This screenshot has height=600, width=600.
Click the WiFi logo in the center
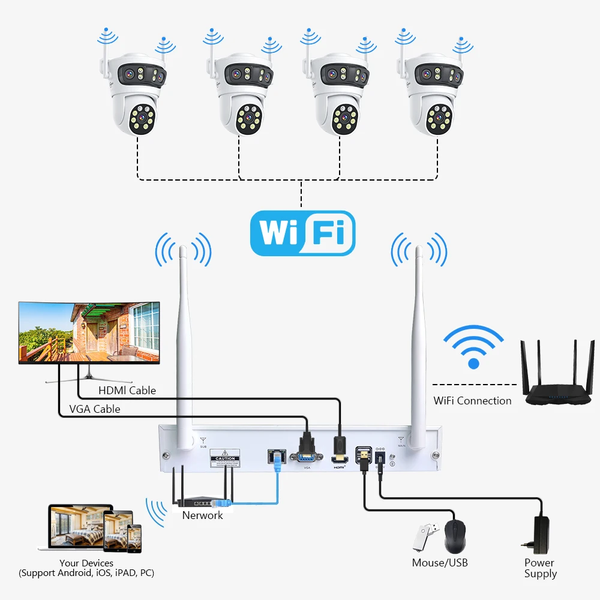click(x=302, y=233)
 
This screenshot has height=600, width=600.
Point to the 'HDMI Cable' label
click(x=127, y=391)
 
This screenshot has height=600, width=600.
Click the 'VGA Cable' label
click(x=95, y=409)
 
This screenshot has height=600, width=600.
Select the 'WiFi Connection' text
click(x=473, y=401)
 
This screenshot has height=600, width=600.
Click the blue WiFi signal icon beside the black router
click(x=473, y=347)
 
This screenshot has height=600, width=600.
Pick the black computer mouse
click(x=455, y=535)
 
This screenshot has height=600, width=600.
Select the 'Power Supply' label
click(x=540, y=568)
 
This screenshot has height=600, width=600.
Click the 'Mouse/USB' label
click(x=440, y=563)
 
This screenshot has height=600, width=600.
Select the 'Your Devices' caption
click(x=86, y=563)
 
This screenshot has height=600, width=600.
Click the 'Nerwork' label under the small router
click(x=203, y=515)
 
